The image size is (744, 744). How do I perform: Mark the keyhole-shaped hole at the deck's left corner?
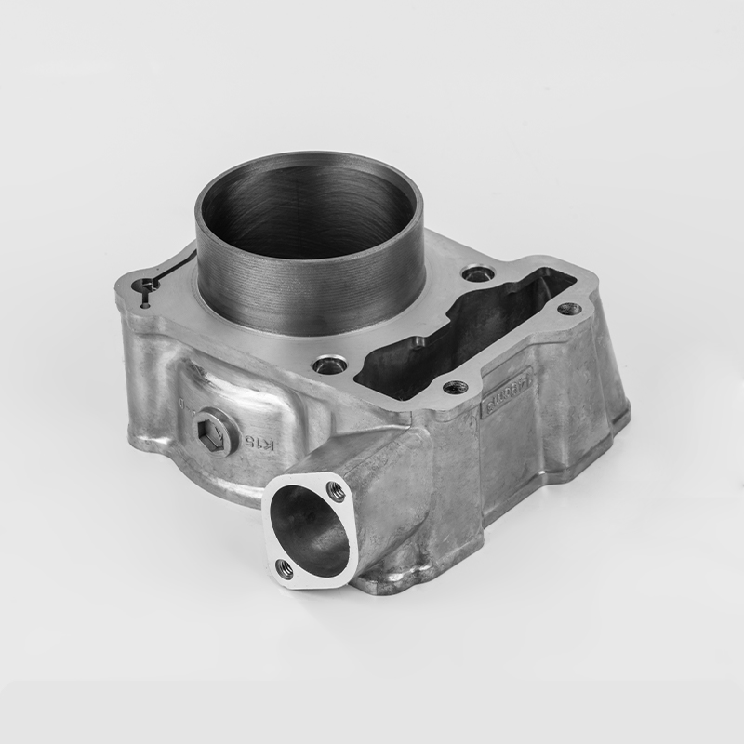pyautogui.click(x=145, y=284)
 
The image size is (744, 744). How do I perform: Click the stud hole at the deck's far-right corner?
pyautogui.click(x=570, y=309)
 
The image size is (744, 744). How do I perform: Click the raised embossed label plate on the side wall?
pyautogui.click(x=505, y=391)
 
